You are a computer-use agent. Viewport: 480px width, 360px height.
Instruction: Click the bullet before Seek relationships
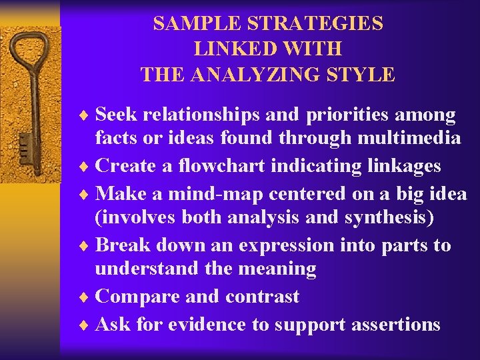(84, 115)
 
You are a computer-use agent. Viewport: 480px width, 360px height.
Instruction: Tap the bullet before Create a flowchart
(84, 165)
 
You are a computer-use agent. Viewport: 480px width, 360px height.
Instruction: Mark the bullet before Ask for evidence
(84, 325)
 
